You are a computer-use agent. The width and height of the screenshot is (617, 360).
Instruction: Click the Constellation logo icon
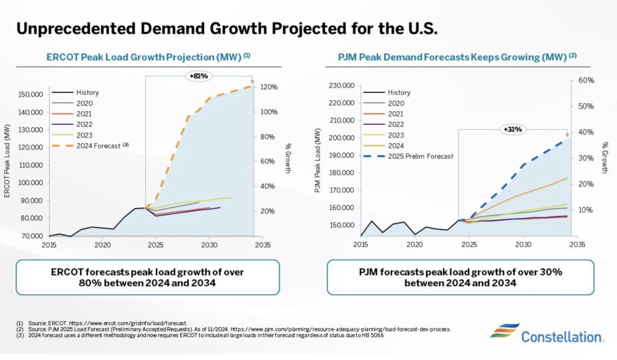(x=504, y=332)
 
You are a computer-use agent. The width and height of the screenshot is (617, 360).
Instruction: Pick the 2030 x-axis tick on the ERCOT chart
(x=209, y=245)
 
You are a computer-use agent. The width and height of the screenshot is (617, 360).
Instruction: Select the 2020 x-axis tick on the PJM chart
(x=414, y=245)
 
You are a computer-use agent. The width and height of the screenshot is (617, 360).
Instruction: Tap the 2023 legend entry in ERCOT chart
(x=84, y=134)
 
